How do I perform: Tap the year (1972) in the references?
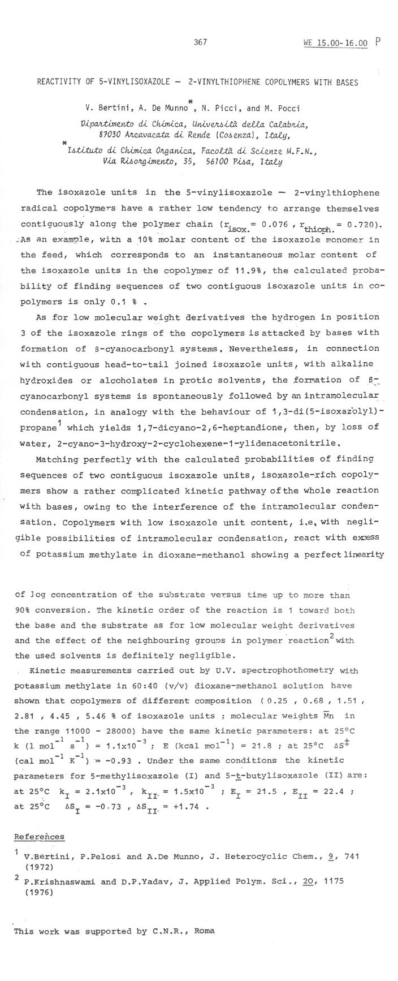coord(37,866)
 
